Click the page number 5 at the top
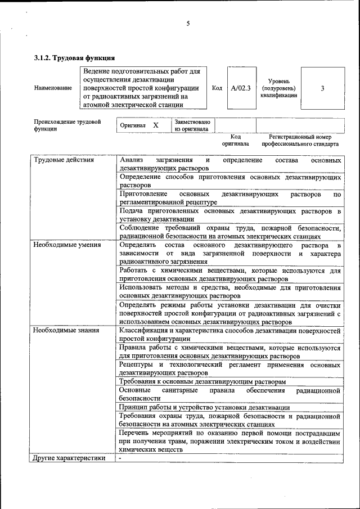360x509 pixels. [x=188, y=24]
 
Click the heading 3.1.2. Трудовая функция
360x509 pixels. [x=75, y=57]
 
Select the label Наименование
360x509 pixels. [x=53, y=88]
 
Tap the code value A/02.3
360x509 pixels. [x=241, y=88]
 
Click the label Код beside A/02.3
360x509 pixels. [x=217, y=88]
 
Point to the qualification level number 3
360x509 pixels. [x=322, y=88]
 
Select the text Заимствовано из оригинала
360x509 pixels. [x=192, y=125]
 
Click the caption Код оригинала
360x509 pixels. [x=236, y=140]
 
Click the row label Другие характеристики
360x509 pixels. [x=69, y=458]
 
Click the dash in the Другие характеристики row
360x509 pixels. [x=120, y=458]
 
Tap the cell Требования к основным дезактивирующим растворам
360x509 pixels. [x=202, y=381]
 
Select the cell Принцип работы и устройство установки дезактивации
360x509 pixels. [x=205, y=407]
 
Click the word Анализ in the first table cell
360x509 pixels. [x=132, y=160]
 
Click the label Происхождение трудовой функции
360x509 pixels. [x=67, y=125]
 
